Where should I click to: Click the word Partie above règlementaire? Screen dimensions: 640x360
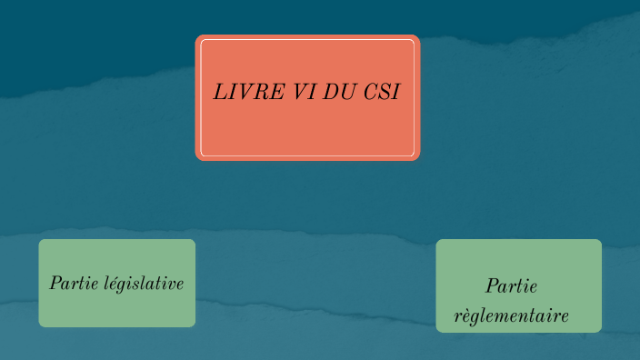pyautogui.click(x=511, y=286)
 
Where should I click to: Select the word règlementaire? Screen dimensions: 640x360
pyautogui.click(x=511, y=316)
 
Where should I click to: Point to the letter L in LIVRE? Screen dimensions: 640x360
pyautogui.click(x=219, y=92)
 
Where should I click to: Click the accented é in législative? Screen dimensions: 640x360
pyautogui.click(x=115, y=284)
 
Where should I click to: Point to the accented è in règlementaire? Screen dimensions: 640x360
pyautogui.click(x=465, y=316)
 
